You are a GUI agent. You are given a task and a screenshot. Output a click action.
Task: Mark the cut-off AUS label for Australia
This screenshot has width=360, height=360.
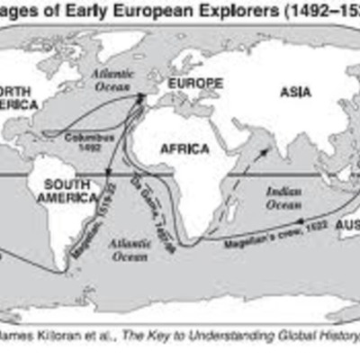click(346, 222)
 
